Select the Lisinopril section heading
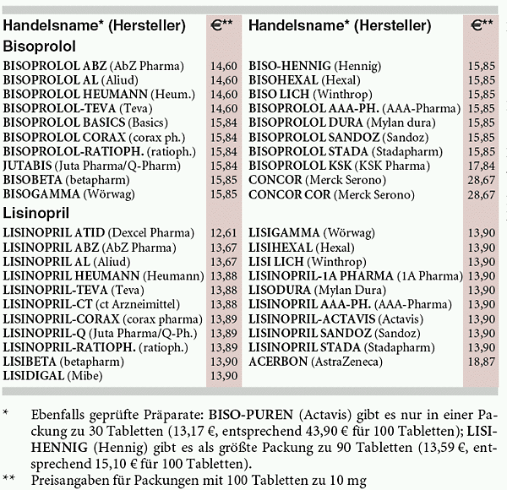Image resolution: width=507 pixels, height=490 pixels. [x=37, y=213]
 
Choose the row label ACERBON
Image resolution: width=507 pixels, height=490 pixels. [x=275, y=361]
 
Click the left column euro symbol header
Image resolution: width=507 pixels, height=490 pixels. [x=222, y=25]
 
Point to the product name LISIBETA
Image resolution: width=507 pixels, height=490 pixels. [x=31, y=361]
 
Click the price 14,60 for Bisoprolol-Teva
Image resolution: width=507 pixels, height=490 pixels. [x=223, y=108]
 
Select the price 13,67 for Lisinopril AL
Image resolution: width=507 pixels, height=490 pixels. [x=223, y=261]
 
